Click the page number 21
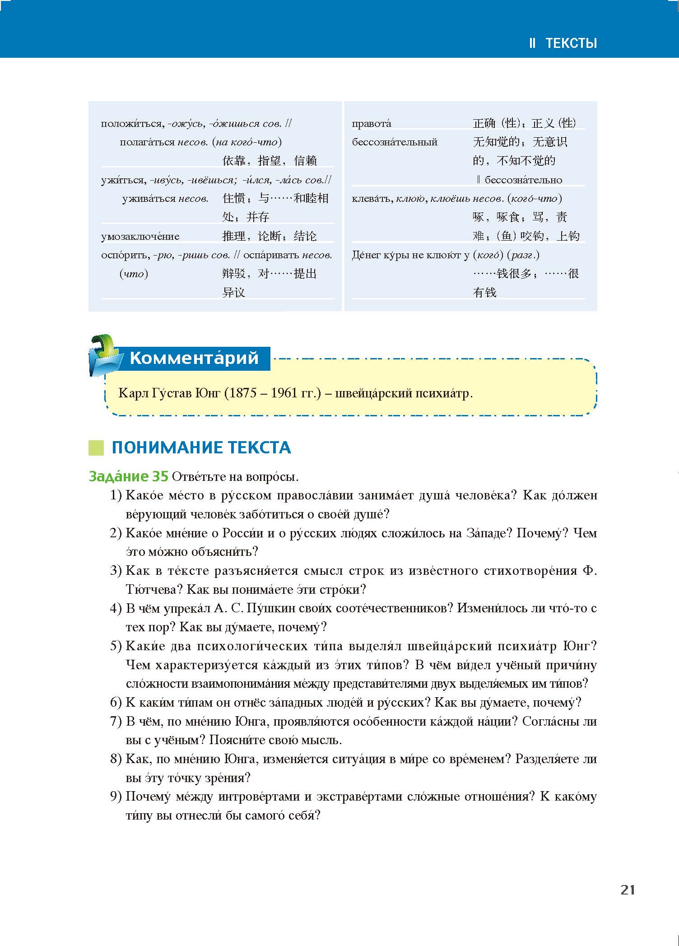point(628,890)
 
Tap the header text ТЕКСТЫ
point(571,43)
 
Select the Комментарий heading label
point(194,358)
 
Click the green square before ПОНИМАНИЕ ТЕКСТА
point(96,447)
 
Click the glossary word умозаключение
point(140,236)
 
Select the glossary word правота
point(371,123)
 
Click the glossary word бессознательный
point(395,142)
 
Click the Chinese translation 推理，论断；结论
point(270,236)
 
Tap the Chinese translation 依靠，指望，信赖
point(270,160)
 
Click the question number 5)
point(116,646)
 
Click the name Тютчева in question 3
point(153,589)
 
